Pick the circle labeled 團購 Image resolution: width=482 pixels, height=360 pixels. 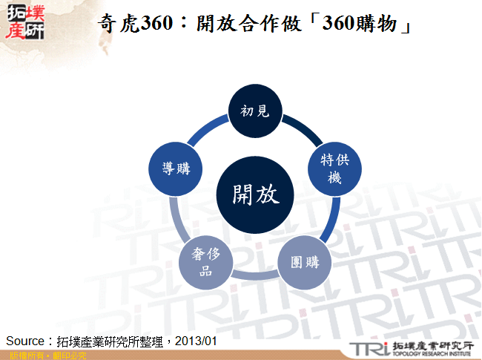tap(304, 262)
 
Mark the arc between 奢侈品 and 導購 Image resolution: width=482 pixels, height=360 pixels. tap(178, 220)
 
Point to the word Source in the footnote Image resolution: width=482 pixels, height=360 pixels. tap(26, 341)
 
